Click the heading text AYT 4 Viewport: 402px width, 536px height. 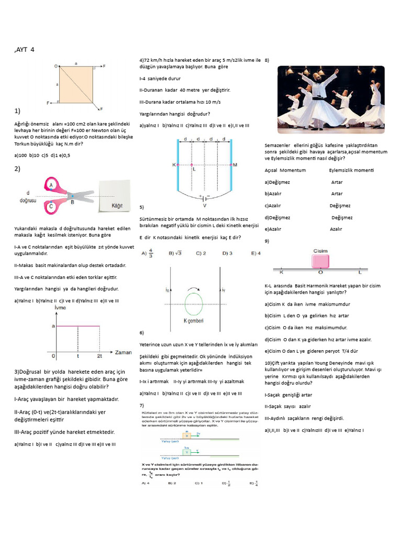(26, 50)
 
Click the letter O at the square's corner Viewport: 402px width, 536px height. (55, 66)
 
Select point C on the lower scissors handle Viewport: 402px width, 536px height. (51, 207)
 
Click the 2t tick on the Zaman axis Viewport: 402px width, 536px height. (99, 356)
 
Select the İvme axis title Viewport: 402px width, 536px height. (60, 308)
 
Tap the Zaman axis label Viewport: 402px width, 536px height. (123, 352)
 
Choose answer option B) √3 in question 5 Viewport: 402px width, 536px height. (175, 253)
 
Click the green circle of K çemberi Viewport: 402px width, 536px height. (193, 304)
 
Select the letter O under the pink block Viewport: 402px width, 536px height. (320, 273)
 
